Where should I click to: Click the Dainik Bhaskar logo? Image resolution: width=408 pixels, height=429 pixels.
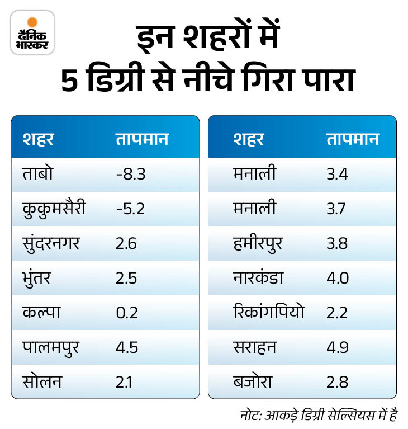(x=32, y=32)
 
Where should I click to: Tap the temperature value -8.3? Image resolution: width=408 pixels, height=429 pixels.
(x=131, y=175)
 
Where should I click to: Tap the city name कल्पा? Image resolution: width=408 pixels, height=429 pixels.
(x=41, y=313)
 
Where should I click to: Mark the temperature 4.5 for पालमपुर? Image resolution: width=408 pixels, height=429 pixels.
(x=126, y=348)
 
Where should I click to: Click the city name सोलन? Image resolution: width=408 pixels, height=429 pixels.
(x=42, y=383)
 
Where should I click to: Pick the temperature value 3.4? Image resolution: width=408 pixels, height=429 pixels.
(x=337, y=175)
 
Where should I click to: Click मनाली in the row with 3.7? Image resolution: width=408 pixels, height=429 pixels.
(x=254, y=209)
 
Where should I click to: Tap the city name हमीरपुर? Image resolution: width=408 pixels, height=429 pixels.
(x=259, y=244)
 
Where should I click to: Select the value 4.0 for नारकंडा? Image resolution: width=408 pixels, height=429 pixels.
(x=338, y=279)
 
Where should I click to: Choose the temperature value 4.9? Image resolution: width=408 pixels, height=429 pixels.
(x=338, y=348)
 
